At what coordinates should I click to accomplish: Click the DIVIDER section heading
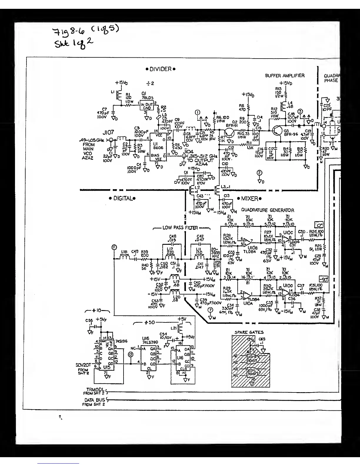tap(161, 69)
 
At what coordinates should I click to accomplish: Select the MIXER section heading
tap(249, 199)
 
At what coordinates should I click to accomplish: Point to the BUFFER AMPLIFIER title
tap(285, 76)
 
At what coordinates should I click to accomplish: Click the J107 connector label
tap(108, 133)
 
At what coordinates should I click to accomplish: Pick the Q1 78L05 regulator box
tap(147, 106)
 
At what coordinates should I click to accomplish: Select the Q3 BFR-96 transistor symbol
tap(277, 130)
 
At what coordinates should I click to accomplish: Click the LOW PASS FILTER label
tap(180, 228)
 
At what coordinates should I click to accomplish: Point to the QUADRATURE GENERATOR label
tap(268, 210)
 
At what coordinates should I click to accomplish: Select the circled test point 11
tap(114, 247)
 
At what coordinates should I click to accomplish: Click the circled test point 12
tap(130, 355)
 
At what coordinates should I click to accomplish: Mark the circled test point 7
tap(210, 310)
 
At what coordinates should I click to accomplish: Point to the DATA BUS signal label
tap(95, 400)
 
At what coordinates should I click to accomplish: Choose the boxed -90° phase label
tap(324, 279)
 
